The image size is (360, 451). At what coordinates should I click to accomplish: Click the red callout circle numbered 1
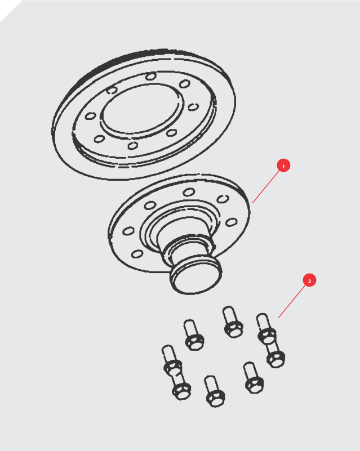click(283, 166)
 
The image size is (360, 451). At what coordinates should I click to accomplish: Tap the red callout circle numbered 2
click(309, 280)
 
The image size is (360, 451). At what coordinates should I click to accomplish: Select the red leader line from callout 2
click(292, 301)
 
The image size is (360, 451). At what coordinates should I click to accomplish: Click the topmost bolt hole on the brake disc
click(151, 76)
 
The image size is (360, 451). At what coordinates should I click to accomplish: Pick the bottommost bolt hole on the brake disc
click(132, 145)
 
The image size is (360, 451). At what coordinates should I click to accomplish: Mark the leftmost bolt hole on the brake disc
click(91, 116)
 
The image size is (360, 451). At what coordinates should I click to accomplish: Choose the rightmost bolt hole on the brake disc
click(193, 107)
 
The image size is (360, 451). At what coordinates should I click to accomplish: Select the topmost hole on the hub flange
click(189, 192)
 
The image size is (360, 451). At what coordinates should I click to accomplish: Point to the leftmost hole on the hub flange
click(128, 231)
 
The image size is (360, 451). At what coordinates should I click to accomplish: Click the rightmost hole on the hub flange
click(232, 222)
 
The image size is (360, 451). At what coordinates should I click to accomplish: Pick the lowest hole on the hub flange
click(137, 254)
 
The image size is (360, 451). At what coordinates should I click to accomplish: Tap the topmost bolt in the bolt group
click(233, 321)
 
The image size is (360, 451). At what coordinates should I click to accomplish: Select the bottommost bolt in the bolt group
click(215, 391)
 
